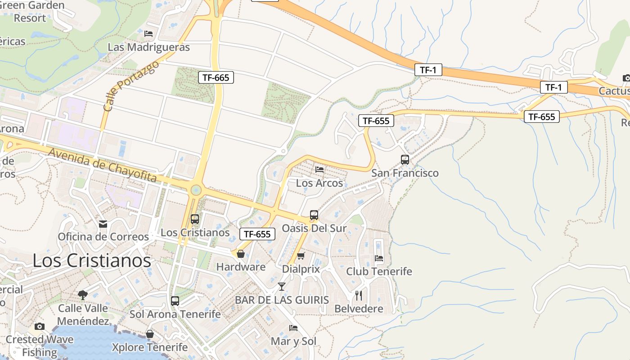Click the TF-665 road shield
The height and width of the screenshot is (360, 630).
pos(216,77)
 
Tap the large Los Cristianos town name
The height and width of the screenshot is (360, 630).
pos(92,261)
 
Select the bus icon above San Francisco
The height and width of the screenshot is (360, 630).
pos(405,160)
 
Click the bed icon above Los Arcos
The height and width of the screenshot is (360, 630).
pos(319,170)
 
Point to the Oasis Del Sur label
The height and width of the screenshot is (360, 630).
pos(314,228)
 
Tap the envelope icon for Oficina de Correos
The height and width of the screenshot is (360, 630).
pos(103,224)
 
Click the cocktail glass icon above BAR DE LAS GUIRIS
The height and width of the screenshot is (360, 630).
pos(282,286)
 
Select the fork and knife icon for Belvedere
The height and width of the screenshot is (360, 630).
pos(359,296)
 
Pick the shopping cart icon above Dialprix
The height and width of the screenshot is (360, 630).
pos(301,256)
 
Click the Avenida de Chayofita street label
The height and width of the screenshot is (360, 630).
pos(103,166)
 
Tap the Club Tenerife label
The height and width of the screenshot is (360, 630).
pos(379,271)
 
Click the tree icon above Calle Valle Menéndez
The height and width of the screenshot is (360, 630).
pos(82,295)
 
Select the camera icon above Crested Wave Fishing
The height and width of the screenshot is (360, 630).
pos(40,326)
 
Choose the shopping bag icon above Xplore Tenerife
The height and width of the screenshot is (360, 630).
pos(150,334)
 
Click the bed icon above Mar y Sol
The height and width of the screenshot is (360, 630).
pos(293,328)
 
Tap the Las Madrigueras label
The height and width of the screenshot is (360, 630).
pos(148,47)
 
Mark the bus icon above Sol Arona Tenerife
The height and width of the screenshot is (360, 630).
pos(175,301)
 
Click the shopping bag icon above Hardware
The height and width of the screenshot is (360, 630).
pos(241,254)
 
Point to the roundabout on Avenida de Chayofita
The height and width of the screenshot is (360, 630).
pos(196,190)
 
